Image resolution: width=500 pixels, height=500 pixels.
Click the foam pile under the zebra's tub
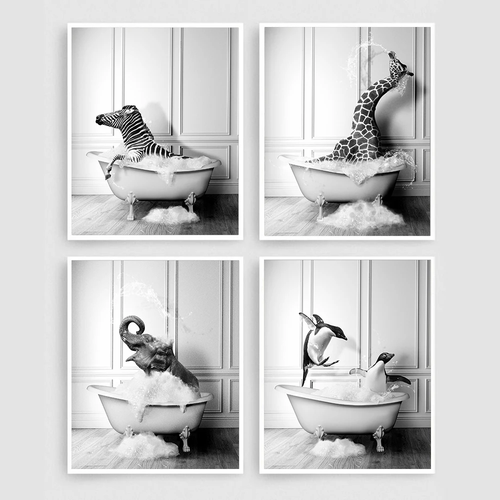point(171,215)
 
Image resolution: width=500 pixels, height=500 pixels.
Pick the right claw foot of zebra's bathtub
point(190,202)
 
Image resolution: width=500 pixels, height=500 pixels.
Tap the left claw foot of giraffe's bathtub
point(320,206)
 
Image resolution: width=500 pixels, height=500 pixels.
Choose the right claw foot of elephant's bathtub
point(185,437)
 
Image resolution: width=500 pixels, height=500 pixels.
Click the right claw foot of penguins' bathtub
point(378,438)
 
